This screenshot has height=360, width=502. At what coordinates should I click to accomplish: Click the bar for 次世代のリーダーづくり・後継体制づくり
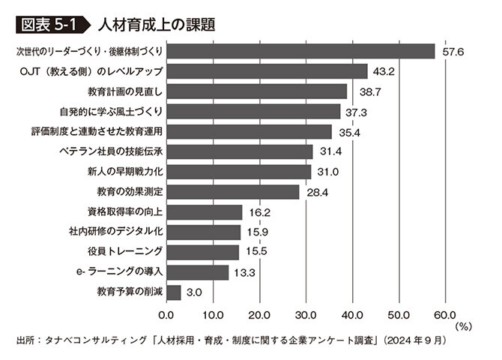point(300,51)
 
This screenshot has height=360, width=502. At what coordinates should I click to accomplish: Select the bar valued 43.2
point(267,71)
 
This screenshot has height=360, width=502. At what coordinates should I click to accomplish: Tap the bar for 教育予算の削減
point(173,292)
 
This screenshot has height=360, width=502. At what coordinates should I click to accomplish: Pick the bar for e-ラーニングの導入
point(197,271)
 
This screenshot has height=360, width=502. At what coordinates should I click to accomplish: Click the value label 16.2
point(259,212)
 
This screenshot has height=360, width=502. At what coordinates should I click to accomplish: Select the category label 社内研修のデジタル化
point(115,232)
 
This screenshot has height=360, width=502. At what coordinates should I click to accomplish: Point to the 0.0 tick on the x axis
point(166,314)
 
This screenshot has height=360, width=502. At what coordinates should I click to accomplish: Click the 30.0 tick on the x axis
point(306,314)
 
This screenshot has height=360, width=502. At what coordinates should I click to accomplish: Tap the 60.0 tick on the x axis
point(444,314)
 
